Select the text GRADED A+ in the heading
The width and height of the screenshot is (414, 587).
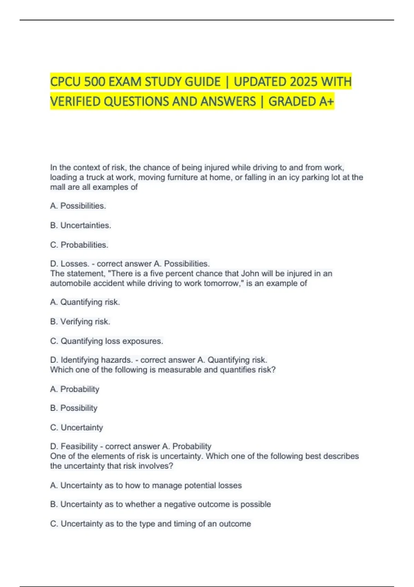(x=301, y=102)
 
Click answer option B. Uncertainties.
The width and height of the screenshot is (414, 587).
(x=80, y=225)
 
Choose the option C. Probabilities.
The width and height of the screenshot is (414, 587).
(x=79, y=245)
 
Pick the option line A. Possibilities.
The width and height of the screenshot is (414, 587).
(x=78, y=206)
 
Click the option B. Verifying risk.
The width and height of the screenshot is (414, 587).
(x=80, y=321)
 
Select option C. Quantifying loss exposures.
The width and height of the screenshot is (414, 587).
(x=106, y=341)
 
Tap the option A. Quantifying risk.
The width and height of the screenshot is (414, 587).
(x=85, y=302)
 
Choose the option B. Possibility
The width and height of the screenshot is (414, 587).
(x=73, y=408)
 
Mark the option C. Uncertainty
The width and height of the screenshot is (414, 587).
(x=76, y=427)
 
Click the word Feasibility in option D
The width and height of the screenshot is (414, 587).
(x=79, y=446)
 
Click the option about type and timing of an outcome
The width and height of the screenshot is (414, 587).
(x=150, y=524)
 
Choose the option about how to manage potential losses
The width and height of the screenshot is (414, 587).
(x=146, y=485)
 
